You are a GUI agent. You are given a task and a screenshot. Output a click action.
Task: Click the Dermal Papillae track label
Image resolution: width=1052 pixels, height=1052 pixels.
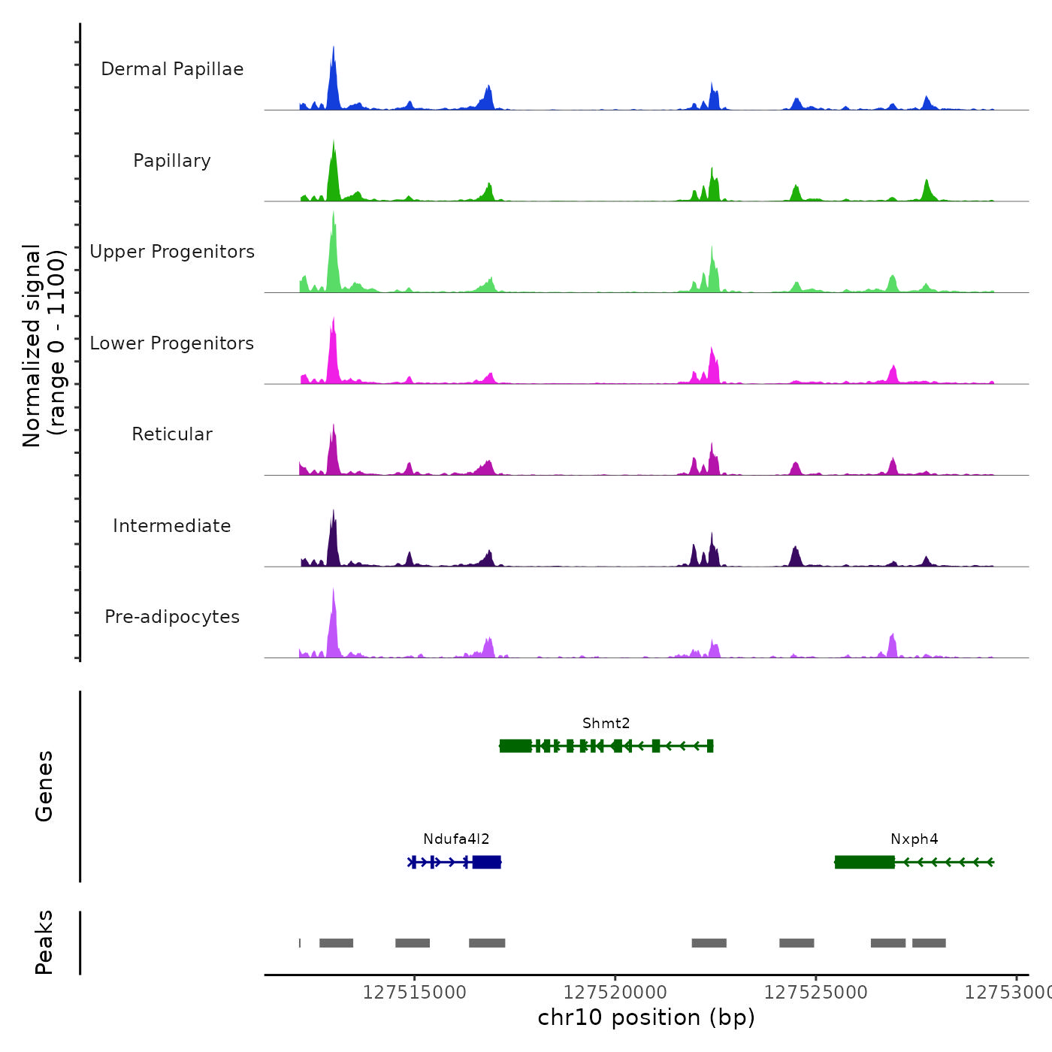point(172,69)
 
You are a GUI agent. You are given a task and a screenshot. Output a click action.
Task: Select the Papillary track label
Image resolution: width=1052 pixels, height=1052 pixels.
point(172,161)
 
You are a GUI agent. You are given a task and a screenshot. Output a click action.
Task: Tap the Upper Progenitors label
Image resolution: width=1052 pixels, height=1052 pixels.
point(172,252)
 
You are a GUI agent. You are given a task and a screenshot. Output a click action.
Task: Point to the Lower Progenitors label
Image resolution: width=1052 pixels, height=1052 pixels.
point(172,343)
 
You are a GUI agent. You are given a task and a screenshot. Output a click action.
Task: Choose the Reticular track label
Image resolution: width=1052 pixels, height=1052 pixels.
point(172,434)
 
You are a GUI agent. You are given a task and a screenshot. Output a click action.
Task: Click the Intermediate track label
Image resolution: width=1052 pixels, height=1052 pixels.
point(172,526)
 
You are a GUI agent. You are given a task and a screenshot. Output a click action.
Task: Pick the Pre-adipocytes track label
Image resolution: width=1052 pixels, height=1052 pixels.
point(172,617)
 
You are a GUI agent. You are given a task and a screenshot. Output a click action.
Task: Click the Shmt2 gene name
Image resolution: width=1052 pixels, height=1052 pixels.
point(606,724)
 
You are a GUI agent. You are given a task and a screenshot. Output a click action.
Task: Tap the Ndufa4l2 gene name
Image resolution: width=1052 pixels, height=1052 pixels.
point(456,839)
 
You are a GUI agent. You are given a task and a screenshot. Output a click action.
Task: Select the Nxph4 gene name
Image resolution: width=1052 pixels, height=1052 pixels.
point(914,839)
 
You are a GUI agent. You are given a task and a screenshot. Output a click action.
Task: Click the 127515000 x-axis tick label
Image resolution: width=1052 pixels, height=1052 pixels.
point(414,993)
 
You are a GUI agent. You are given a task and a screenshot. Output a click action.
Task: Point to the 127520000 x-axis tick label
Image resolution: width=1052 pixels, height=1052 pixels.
point(615,993)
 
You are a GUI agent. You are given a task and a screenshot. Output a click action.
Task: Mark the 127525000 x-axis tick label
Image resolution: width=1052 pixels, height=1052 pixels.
point(815,993)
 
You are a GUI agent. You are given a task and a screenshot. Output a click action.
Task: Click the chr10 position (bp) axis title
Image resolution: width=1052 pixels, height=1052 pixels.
point(646,1017)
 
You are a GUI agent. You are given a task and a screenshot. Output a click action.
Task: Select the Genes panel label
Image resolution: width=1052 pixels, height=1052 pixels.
point(44,786)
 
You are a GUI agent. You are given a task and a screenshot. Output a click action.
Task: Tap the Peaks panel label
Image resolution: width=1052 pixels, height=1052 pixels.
point(44,942)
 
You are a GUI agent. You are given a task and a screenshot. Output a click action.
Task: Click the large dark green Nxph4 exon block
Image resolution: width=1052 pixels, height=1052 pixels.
point(865,862)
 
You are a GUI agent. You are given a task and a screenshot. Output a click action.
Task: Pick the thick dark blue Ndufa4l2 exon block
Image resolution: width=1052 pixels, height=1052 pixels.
point(487,862)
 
